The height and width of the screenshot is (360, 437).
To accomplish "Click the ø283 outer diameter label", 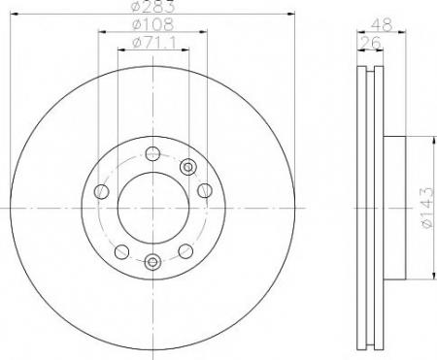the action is point(153,7).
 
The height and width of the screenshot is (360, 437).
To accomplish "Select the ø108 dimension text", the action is point(153,24).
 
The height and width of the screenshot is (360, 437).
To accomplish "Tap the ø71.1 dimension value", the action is point(154,43).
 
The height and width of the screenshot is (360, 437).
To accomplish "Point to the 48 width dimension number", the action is point(382,24).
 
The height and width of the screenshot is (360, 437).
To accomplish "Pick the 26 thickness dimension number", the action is point(371,43).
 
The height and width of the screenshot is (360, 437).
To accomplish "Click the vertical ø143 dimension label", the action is point(427,208).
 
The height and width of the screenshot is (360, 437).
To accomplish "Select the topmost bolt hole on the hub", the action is point(152,153).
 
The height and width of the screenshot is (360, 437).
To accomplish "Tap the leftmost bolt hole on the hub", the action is point(101,191).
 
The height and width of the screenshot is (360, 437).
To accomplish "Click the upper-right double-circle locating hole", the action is point(188,167).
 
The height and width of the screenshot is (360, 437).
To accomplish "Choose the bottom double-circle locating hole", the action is point(152,261).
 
